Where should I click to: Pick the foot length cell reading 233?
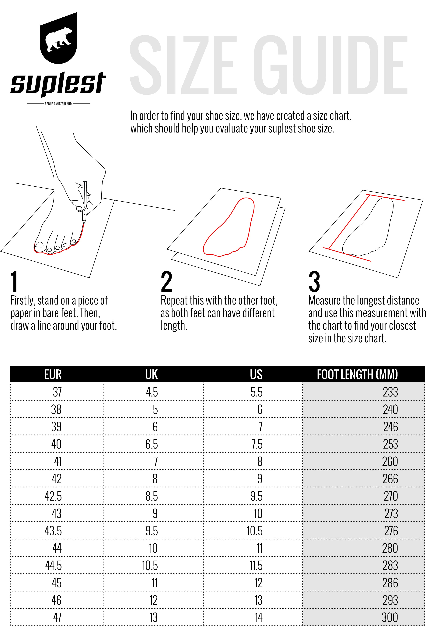click(390, 392)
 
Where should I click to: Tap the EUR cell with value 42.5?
click(53, 496)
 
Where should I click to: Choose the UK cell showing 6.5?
click(152, 444)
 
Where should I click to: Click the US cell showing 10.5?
click(255, 531)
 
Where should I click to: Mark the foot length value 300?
click(390, 617)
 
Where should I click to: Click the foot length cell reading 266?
click(390, 479)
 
